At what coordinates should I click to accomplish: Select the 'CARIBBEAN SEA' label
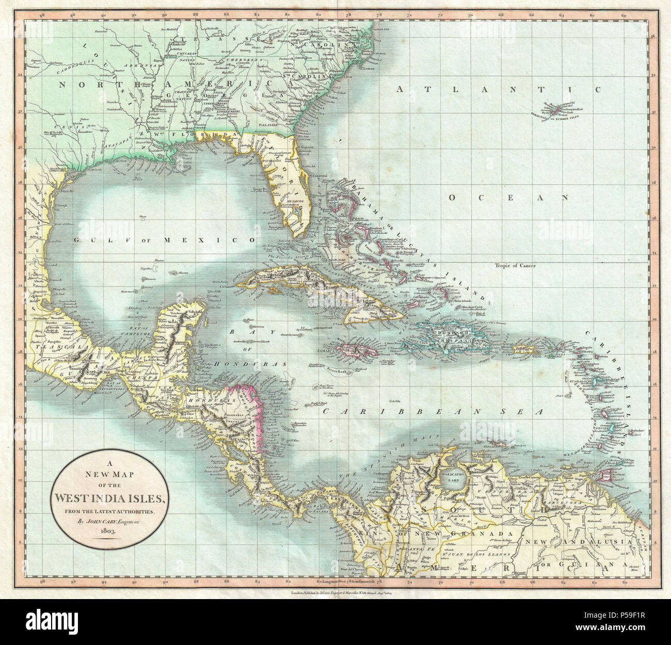(433, 412)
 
